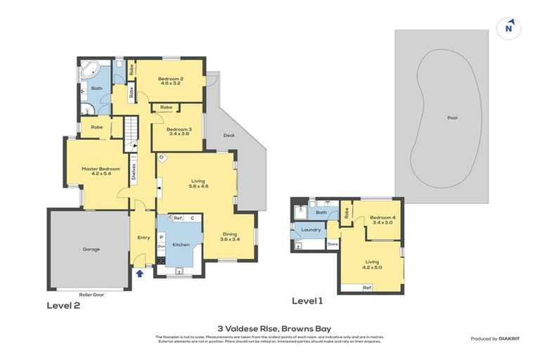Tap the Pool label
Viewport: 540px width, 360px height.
click(452, 118)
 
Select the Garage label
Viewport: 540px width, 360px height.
click(91, 249)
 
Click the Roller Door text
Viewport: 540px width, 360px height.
click(91, 295)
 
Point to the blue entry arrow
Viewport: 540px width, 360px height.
click(140, 274)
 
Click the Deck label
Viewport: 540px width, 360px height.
click(229, 135)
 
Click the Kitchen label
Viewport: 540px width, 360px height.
click(181, 245)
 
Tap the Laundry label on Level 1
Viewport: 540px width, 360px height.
click(311, 230)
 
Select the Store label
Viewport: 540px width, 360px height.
click(333, 245)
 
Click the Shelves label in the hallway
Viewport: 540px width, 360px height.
click(134, 172)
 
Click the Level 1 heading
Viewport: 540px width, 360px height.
click(307, 301)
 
